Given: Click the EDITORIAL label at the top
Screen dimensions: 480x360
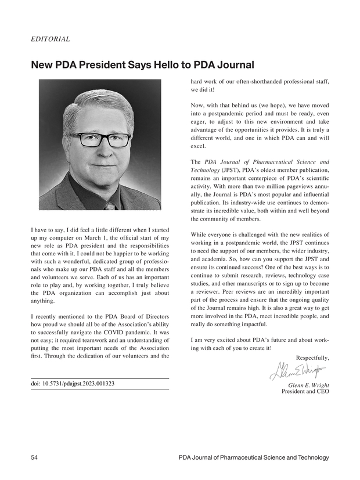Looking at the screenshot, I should (50, 39).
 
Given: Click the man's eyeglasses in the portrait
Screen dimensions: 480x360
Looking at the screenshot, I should (100, 140).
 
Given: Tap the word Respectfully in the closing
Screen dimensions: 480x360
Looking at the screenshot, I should (312, 358).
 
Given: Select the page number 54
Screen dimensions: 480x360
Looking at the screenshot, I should (34, 458).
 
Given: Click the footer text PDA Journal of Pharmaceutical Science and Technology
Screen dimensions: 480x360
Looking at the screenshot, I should (254, 458).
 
